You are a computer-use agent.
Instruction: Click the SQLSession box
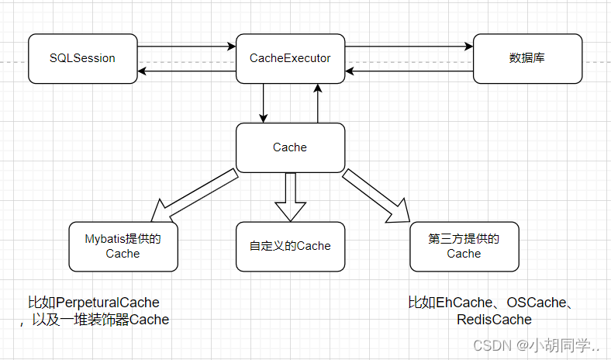point(82,58)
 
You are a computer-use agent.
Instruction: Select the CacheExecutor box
point(290,58)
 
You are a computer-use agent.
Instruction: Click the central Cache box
point(290,147)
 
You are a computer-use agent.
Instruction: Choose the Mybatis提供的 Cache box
point(123,246)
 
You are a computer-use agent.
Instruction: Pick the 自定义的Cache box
point(290,246)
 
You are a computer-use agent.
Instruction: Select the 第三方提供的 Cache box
point(464,246)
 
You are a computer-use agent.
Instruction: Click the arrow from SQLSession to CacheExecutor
point(186,47)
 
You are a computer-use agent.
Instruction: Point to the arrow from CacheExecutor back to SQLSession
point(186,71)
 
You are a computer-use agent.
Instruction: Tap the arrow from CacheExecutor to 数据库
point(409,47)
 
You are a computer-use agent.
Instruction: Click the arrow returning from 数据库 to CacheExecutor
point(409,71)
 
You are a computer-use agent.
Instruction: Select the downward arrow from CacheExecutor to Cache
point(264,102)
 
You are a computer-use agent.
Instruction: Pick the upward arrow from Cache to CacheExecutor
point(317,102)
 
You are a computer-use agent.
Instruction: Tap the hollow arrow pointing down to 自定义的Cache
point(290,198)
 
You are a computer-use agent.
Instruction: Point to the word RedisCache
point(494,320)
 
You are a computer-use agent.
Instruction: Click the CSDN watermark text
point(492,344)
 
